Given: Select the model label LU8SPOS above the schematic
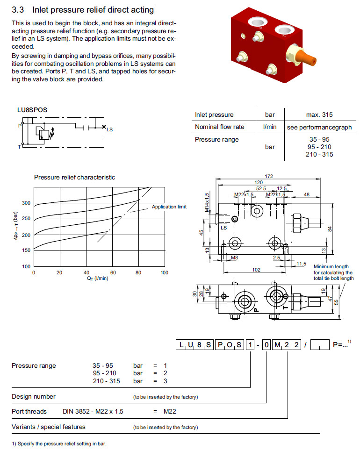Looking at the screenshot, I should [32, 110].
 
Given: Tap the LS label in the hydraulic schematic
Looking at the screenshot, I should [109, 129].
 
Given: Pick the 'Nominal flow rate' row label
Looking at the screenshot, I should [219, 127].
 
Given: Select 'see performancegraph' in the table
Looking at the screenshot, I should [319, 127].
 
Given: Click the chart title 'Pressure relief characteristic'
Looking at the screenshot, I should [74, 177].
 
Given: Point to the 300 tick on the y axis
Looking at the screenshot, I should [26, 203].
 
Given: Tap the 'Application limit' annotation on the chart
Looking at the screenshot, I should [169, 207].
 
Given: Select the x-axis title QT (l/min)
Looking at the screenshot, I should [98, 279].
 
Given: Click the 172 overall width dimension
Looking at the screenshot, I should [268, 176].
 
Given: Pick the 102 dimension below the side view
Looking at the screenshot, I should [256, 269].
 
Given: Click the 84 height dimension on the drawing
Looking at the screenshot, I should [329, 229].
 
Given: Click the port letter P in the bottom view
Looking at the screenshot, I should [256, 309].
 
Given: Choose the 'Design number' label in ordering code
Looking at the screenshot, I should [34, 397].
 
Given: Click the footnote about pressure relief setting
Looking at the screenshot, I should [59, 444].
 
